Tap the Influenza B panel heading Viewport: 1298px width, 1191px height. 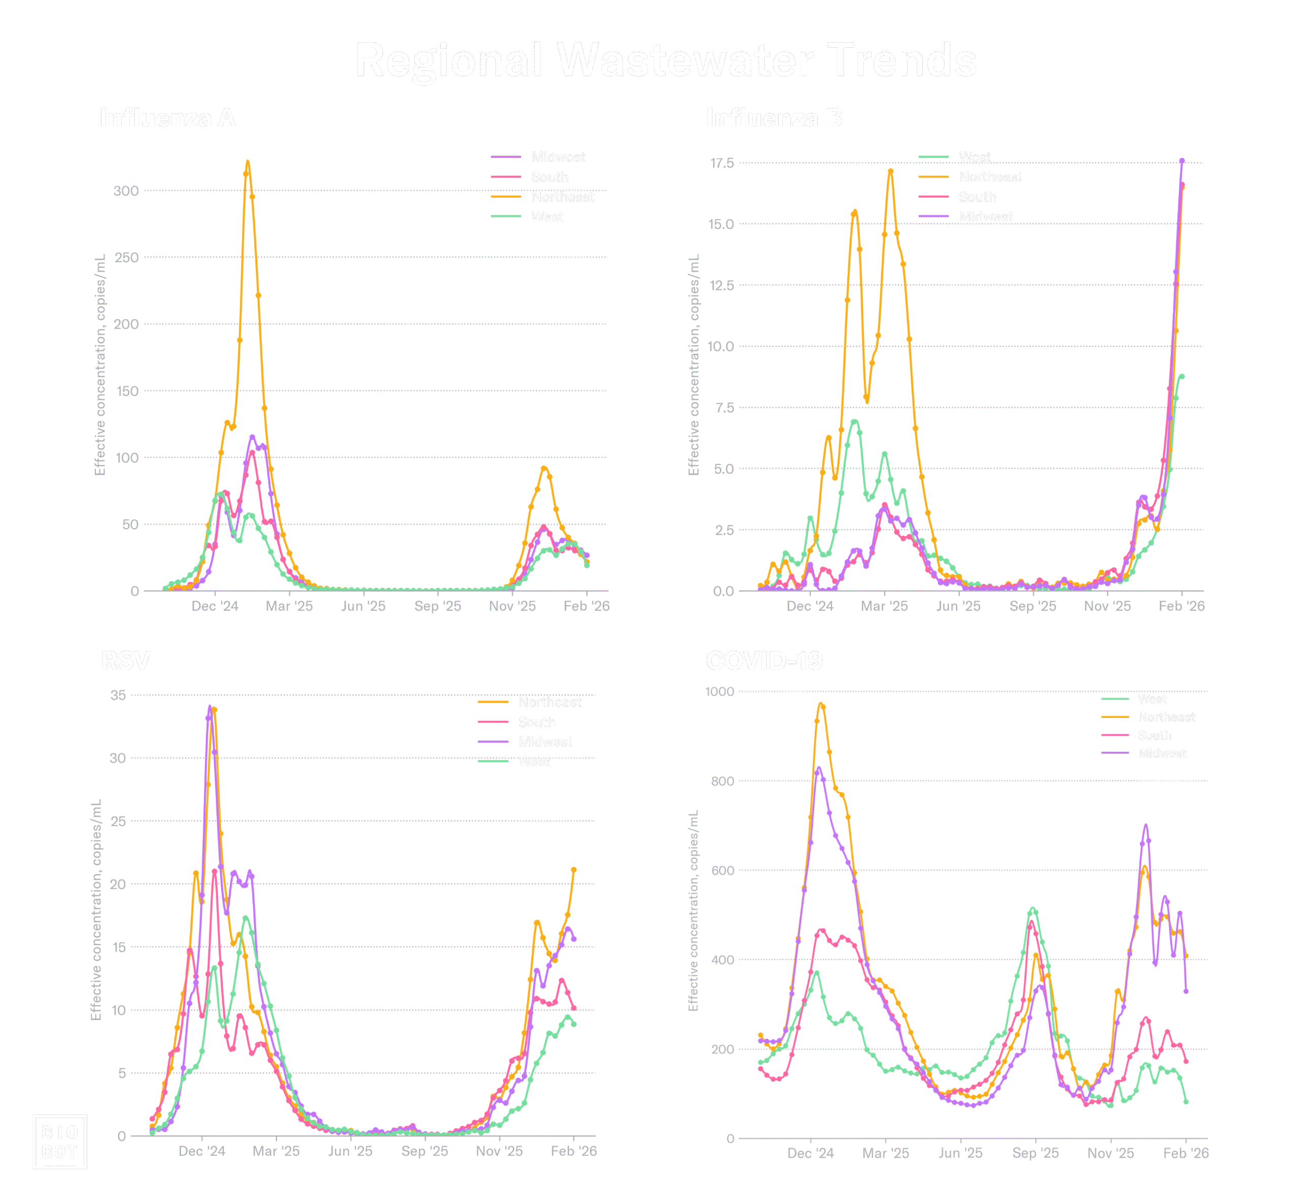(774, 118)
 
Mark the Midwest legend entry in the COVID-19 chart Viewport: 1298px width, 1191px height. (1162, 753)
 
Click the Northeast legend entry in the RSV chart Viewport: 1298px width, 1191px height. (549, 702)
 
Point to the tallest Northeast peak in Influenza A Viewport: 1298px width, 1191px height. (247, 164)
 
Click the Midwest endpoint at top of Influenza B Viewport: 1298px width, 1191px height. (1181, 161)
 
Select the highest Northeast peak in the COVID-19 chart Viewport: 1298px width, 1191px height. (821, 705)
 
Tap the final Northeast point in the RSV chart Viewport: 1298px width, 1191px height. (573, 870)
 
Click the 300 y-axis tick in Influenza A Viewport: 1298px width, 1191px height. (126, 192)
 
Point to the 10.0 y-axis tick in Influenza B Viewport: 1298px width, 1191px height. (721, 347)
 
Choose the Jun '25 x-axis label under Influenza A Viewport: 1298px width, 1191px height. (363, 606)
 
